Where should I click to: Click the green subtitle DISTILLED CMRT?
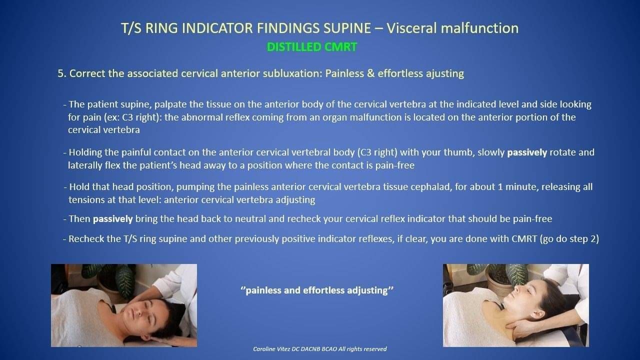(311, 47)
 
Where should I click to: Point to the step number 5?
(61, 73)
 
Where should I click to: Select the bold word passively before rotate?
(527, 152)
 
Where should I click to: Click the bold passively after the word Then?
(113, 219)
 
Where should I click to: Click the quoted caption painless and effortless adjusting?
(317, 290)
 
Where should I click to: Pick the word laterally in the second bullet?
(85, 165)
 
